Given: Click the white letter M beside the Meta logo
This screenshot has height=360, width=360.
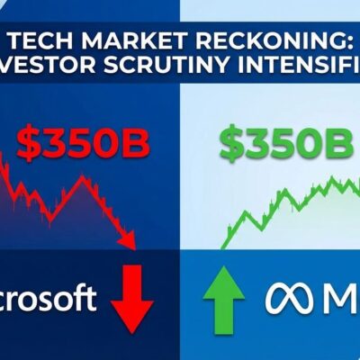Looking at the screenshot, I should coord(337,298).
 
